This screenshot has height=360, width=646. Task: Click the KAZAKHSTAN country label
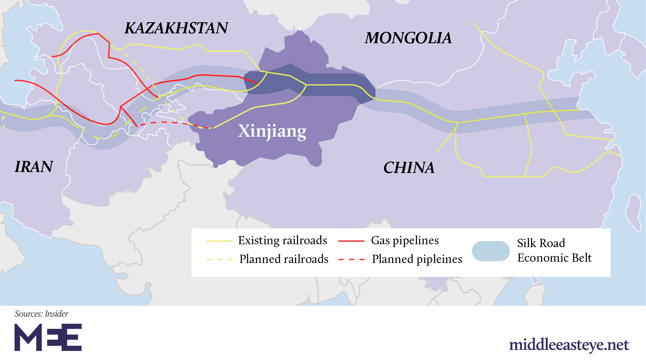(176, 28)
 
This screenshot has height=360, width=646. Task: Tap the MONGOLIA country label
(408, 38)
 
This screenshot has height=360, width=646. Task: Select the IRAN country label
(34, 167)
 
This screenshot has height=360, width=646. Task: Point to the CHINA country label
(409, 168)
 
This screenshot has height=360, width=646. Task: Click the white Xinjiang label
(272, 131)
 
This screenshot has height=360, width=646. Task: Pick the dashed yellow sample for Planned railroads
(219, 260)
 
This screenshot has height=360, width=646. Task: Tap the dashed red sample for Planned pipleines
(351, 260)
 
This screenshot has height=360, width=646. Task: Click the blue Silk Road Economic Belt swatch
(490, 251)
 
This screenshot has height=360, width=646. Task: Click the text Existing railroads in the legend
(282, 240)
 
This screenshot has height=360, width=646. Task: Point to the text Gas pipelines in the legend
(405, 240)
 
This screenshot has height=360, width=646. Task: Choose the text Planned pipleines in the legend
(417, 259)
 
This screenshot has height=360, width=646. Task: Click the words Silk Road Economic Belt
(554, 251)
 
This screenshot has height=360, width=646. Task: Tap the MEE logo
(48, 337)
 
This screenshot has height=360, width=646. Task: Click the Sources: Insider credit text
(41, 314)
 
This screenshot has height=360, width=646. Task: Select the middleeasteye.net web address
(569, 345)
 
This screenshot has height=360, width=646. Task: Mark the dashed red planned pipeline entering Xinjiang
(169, 122)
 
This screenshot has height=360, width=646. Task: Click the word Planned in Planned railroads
(260, 259)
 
